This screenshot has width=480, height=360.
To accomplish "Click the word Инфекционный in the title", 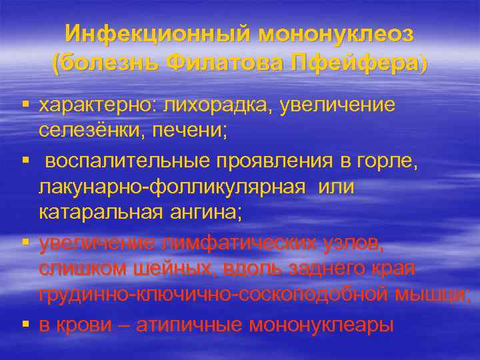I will pos(158,34).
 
